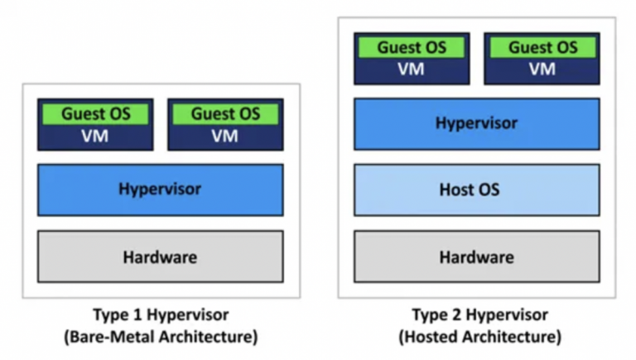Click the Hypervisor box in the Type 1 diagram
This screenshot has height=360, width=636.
(160, 190)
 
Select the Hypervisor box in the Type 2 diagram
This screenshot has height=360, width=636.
(476, 123)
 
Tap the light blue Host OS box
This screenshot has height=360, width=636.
(476, 190)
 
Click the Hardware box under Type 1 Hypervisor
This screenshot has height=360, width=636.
(160, 257)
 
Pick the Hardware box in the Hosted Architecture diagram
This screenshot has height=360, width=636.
(476, 257)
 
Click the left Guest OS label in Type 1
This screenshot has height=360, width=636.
(95, 113)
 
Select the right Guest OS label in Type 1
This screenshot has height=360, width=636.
(225, 113)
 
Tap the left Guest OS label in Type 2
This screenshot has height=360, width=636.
(412, 47)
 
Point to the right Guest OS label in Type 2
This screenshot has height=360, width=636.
(542, 47)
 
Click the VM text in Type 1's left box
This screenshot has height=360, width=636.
(95, 137)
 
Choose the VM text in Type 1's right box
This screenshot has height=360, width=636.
(225, 137)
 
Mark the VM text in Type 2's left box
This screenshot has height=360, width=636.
(412, 70)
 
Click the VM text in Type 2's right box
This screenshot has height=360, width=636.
(542, 70)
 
